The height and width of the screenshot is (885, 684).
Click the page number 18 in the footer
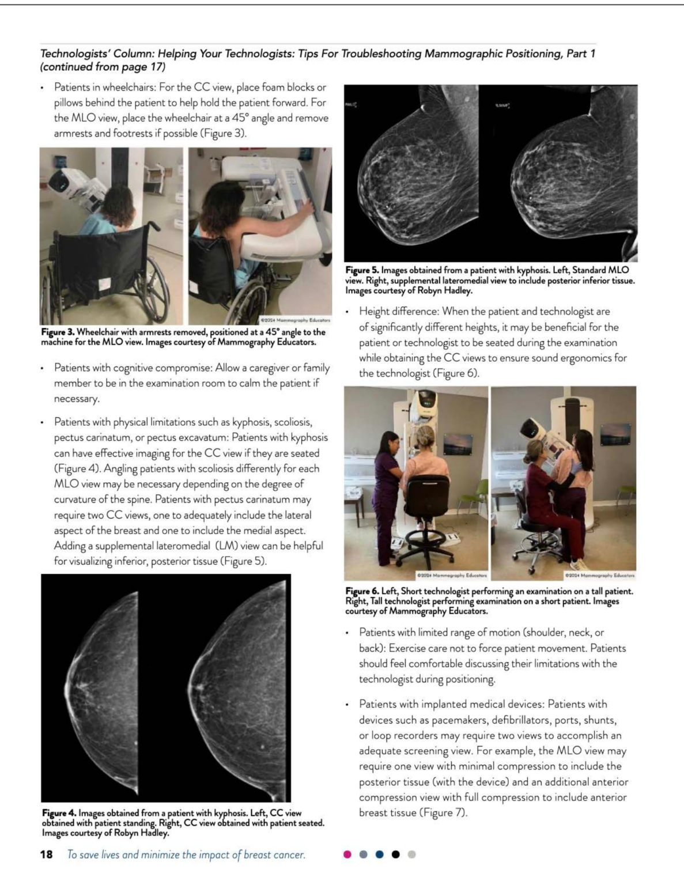tap(46, 854)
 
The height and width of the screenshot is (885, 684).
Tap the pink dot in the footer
tap(347, 854)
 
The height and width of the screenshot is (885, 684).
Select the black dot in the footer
tap(395, 854)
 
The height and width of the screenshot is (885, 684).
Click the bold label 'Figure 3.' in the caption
tap(58, 332)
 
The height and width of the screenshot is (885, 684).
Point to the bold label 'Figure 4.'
tap(59, 813)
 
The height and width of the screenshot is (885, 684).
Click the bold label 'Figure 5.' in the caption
tap(362, 270)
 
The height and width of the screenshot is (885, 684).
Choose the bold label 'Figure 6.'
tap(362, 591)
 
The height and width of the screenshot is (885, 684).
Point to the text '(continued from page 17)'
tap(103, 67)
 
